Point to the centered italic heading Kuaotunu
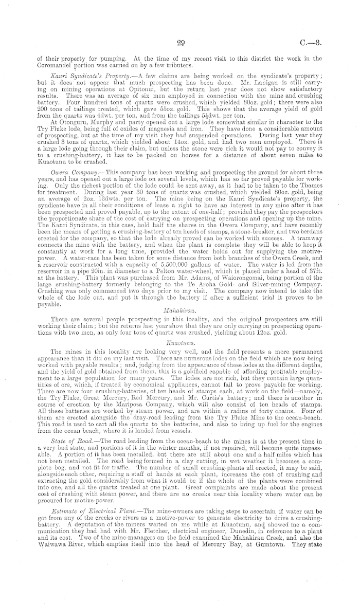pyautogui.click(x=179, y=340)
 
